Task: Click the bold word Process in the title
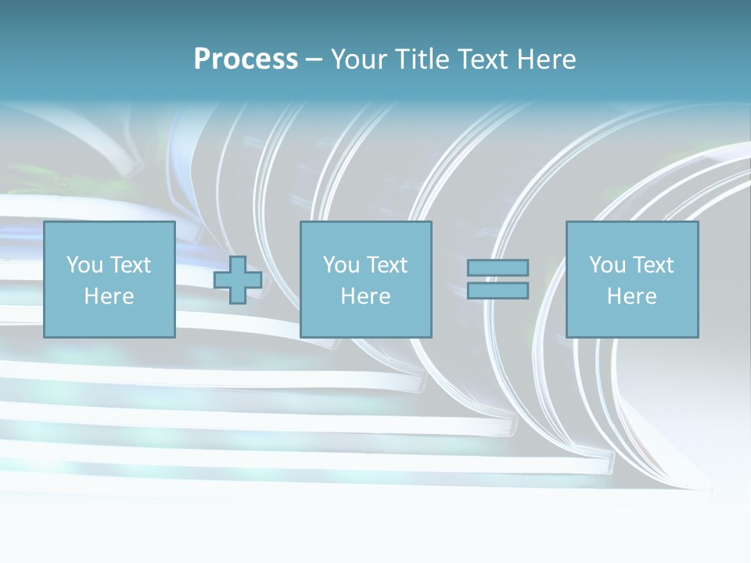[x=246, y=59]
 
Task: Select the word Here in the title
[x=547, y=59]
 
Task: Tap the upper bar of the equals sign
[x=498, y=268]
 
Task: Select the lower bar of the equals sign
[x=498, y=291]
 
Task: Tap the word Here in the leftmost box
[x=109, y=296]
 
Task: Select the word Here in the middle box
[x=365, y=296]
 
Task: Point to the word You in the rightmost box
[x=607, y=265]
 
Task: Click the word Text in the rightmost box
[x=652, y=265]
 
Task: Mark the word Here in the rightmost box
[x=631, y=296]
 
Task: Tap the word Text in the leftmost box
[x=130, y=265]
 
